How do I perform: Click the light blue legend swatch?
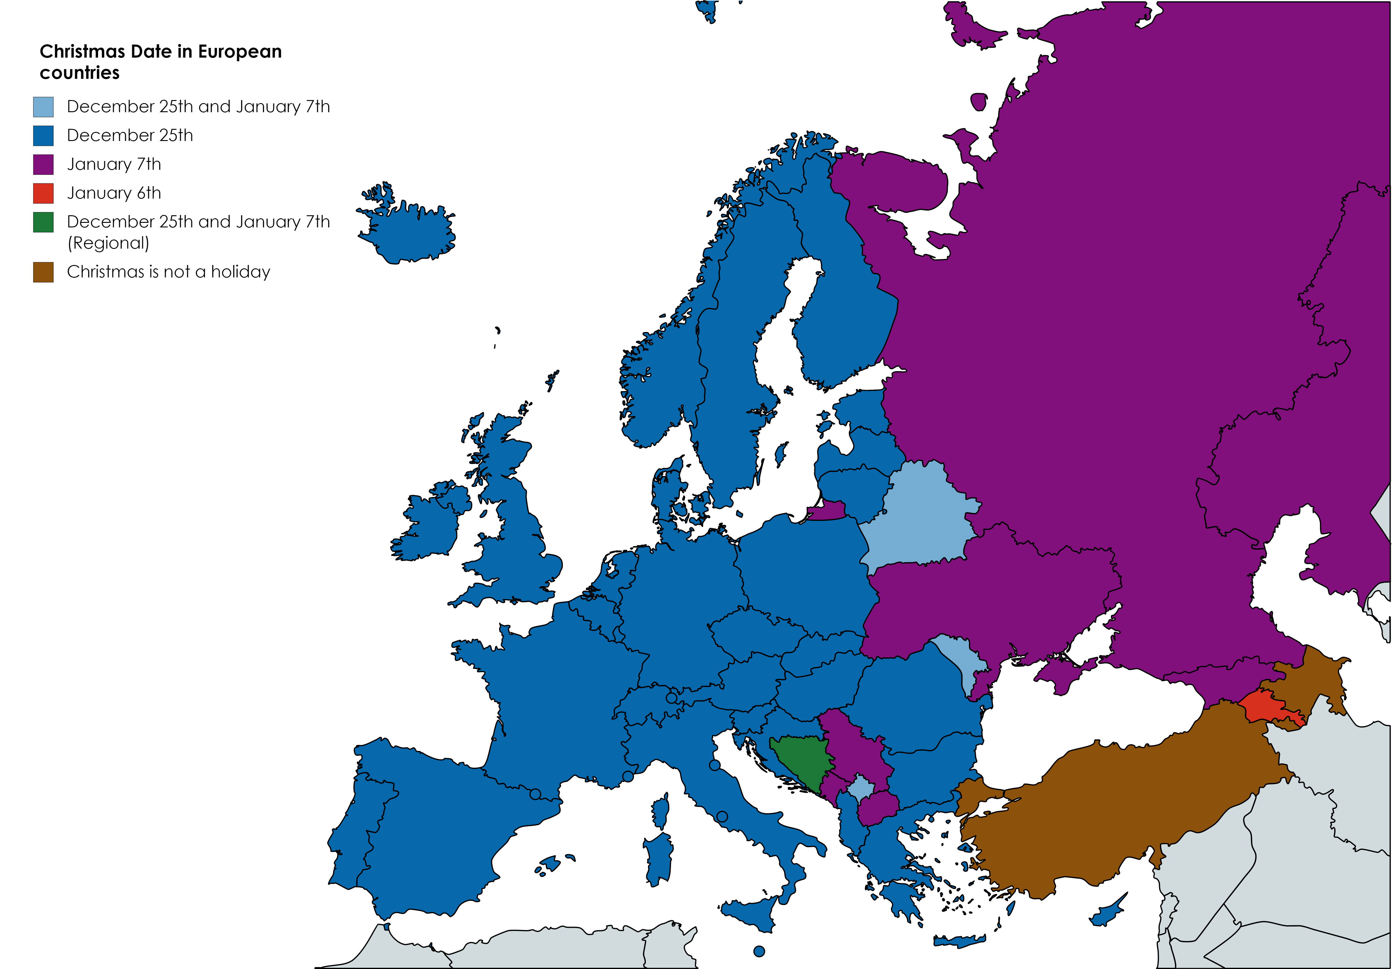[x=43, y=107]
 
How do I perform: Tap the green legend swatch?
[x=43, y=222]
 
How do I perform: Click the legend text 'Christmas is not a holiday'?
[x=168, y=272]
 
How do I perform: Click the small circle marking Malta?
[x=759, y=951]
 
